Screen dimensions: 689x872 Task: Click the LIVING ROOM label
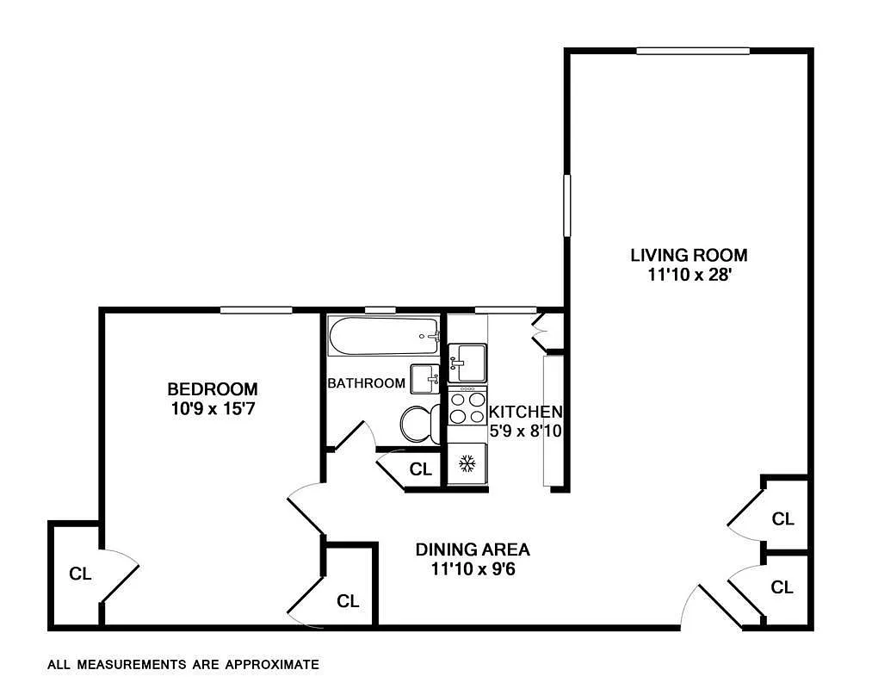pyautogui.click(x=689, y=255)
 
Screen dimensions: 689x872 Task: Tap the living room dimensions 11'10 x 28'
pyautogui.click(x=689, y=276)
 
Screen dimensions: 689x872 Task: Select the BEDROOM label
pyautogui.click(x=212, y=388)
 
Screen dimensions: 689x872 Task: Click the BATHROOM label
pyautogui.click(x=366, y=383)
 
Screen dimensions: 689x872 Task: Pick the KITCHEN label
pyautogui.click(x=525, y=413)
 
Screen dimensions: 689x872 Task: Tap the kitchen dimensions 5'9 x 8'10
pyautogui.click(x=525, y=431)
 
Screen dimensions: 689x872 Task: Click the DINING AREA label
pyautogui.click(x=473, y=549)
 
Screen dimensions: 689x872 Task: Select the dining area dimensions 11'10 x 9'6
pyautogui.click(x=473, y=569)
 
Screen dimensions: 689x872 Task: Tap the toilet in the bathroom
pyautogui.click(x=417, y=424)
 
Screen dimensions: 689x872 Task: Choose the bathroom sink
pyautogui.click(x=425, y=378)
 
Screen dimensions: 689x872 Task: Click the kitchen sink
pyautogui.click(x=467, y=362)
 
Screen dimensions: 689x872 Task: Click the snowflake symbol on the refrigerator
pyautogui.click(x=467, y=464)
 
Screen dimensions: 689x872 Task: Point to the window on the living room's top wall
pyautogui.click(x=693, y=51)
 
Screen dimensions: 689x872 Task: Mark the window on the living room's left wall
pyautogui.click(x=567, y=205)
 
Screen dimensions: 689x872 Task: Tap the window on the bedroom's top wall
pyautogui.click(x=257, y=310)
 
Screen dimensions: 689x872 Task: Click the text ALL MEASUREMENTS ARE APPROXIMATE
pyautogui.click(x=183, y=665)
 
